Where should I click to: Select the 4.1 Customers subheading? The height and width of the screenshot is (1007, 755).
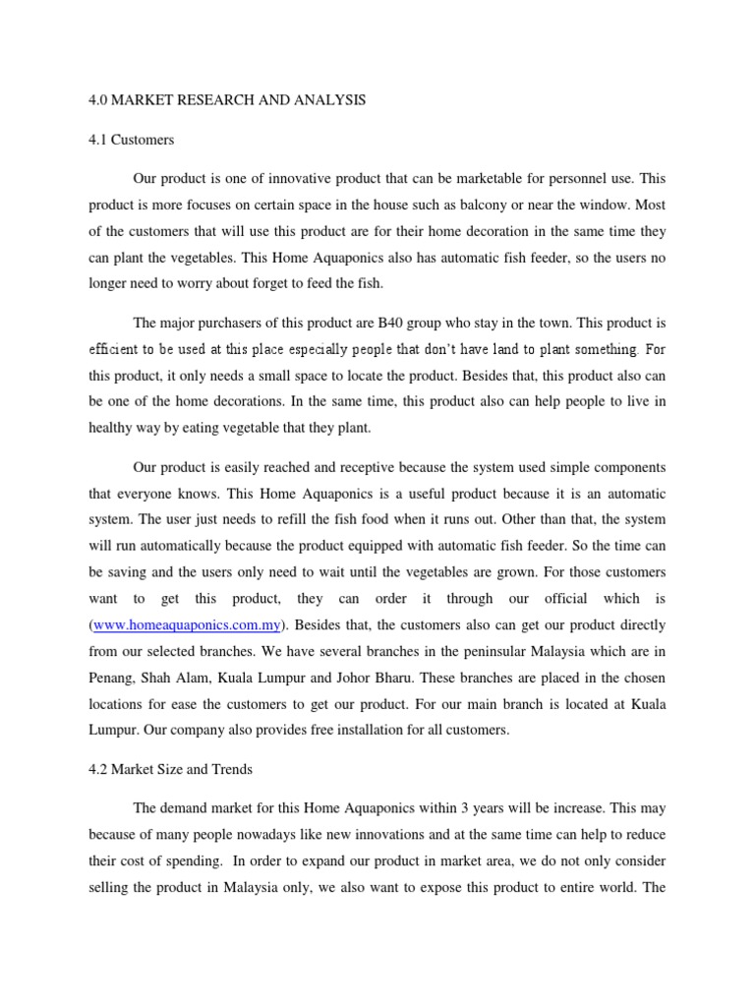coord(131,140)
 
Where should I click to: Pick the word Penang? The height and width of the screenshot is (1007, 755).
coord(115,679)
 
